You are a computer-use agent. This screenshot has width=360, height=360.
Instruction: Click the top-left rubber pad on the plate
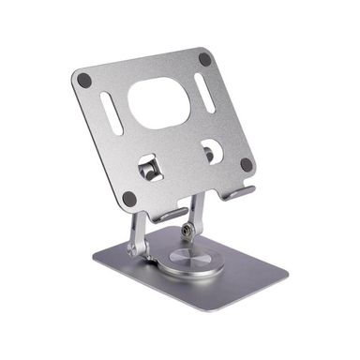(84, 81)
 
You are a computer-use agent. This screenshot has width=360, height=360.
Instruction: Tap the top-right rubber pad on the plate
(204, 59)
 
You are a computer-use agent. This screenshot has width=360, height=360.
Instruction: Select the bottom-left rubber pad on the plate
(129, 199)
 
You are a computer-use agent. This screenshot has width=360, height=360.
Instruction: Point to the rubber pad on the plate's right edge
(246, 164)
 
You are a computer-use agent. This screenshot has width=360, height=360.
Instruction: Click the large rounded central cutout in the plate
(158, 102)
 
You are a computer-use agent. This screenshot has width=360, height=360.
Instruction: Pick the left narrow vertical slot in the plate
(110, 113)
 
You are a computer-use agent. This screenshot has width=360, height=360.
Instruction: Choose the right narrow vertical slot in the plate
(204, 94)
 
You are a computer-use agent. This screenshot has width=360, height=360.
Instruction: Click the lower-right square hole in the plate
(211, 150)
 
